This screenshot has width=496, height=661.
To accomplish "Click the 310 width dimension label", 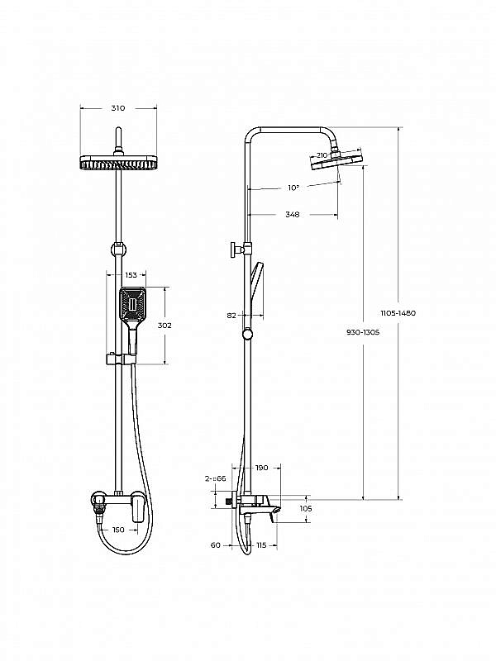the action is [x=118, y=108].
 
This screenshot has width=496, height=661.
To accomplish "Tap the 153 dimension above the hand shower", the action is [x=131, y=275].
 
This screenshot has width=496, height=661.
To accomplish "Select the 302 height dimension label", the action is [x=165, y=326].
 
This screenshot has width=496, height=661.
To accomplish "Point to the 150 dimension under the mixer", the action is [x=119, y=530].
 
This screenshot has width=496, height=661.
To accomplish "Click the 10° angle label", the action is [x=293, y=188].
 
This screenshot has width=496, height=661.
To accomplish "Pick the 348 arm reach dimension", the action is [x=293, y=215].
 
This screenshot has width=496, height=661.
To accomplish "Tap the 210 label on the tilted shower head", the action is [x=322, y=155].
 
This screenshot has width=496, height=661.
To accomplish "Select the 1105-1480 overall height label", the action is [x=398, y=313].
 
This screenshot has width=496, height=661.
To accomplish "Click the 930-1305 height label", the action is [x=363, y=332].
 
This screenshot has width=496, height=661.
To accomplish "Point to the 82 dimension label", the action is [x=231, y=316].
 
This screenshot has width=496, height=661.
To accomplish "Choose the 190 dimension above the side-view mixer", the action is [x=261, y=468].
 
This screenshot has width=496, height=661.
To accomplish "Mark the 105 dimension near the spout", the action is [x=306, y=509].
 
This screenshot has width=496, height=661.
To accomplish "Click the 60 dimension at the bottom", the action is [x=216, y=545].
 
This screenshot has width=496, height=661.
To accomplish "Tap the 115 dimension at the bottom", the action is [x=261, y=545].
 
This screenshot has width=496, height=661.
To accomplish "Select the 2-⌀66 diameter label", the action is [x=216, y=478].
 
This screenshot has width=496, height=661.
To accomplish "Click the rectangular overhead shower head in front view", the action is [x=118, y=162].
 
